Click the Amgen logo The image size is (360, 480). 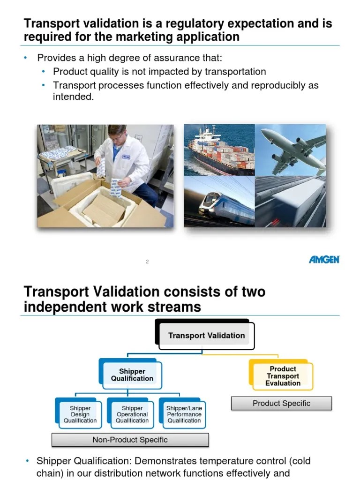click(324, 260)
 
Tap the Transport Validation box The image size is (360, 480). click(206, 336)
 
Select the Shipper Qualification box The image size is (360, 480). click(132, 375)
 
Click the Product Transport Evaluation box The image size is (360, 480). click(283, 376)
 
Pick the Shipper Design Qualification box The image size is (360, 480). click(80, 414)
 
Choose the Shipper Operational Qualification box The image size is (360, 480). click(132, 414)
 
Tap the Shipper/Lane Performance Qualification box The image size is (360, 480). click(184, 414)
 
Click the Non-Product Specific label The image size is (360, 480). click(130, 440)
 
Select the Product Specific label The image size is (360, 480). click(281, 403)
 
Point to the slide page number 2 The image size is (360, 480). click(147, 262)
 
